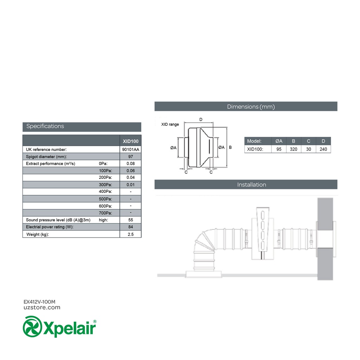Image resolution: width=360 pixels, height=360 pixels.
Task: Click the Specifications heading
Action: pyautogui.click(x=45, y=126)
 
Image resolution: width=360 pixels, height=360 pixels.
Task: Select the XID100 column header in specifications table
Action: pyautogui.click(x=130, y=141)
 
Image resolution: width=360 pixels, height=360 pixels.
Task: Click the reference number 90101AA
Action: pyautogui.click(x=130, y=150)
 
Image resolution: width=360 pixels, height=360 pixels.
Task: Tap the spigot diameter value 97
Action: pyautogui.click(x=130, y=157)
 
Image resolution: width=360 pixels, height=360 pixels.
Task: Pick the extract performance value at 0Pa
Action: pyautogui.click(x=130, y=164)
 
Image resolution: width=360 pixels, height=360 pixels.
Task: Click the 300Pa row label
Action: pyautogui.click(x=105, y=185)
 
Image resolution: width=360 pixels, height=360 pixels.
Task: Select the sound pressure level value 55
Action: pyautogui.click(x=130, y=220)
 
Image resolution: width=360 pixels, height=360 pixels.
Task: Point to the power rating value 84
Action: pyautogui.click(x=130, y=227)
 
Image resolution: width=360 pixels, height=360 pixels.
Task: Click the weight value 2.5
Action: pyautogui.click(x=130, y=234)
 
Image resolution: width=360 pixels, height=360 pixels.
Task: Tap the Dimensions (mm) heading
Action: pyautogui.click(x=251, y=107)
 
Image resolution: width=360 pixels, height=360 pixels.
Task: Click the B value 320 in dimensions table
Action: pyautogui.click(x=294, y=149)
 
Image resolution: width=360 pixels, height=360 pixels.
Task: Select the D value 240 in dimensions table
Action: pyautogui.click(x=323, y=149)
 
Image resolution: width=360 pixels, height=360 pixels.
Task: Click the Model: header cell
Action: pyautogui.click(x=254, y=141)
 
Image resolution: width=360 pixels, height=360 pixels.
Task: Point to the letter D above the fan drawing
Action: pyautogui.click(x=201, y=120)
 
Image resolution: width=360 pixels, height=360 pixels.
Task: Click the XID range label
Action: pyautogui.click(x=170, y=125)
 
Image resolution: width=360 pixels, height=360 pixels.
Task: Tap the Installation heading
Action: pyautogui.click(x=251, y=185)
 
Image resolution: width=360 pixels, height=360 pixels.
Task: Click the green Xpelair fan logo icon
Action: pyautogui.click(x=32, y=327)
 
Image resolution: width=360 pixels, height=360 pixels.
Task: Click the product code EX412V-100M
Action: pyautogui.click(x=39, y=302)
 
